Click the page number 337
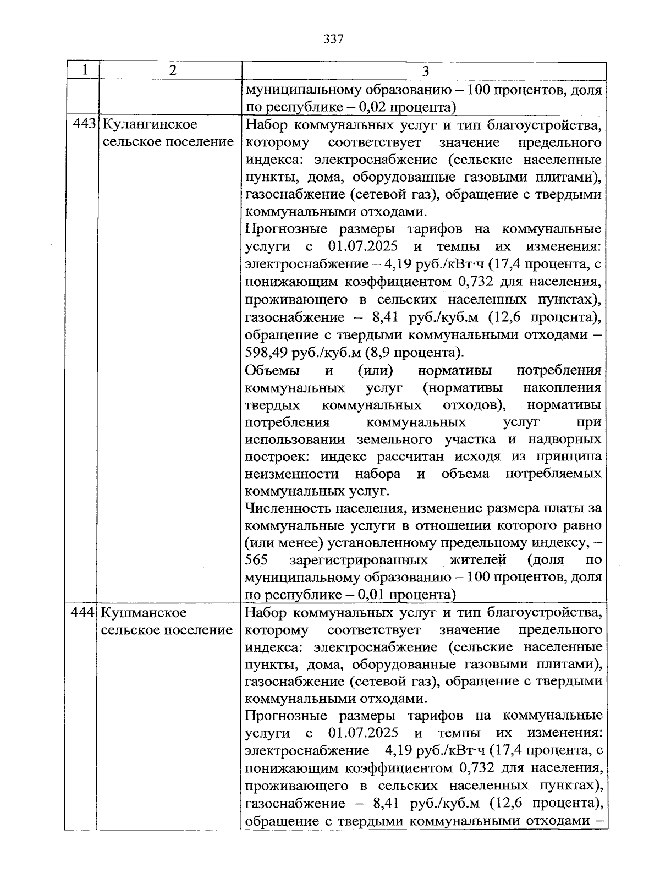tap(333, 39)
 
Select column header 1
tap(84, 70)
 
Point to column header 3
tap(425, 71)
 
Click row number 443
tap(84, 124)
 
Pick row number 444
tap(84, 612)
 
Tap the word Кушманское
tap(144, 612)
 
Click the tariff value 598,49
tap(264, 352)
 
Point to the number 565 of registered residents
tap(256, 560)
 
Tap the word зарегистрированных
tap(358, 560)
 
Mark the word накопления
tap(562, 387)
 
